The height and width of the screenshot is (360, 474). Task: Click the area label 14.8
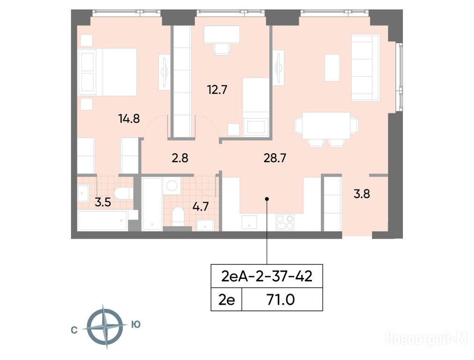pyautogui.click(x=129, y=119)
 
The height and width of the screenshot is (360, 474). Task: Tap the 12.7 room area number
pyautogui.click(x=217, y=90)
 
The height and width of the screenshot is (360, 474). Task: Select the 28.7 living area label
pyautogui.click(x=275, y=158)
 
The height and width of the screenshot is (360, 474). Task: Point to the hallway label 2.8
pyautogui.click(x=180, y=158)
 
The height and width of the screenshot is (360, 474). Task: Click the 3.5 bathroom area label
pyautogui.click(x=103, y=202)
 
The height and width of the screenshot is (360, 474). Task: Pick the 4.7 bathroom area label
pyautogui.click(x=201, y=207)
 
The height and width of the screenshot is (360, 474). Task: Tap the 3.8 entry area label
pyautogui.click(x=362, y=194)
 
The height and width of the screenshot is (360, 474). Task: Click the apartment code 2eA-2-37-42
pyautogui.click(x=267, y=277)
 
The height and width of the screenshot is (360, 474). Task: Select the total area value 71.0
pyautogui.click(x=281, y=300)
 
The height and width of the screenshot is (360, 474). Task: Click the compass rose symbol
pyautogui.click(x=105, y=327)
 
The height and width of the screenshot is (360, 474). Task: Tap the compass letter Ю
pyautogui.click(x=136, y=324)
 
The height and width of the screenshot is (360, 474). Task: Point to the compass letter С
pyautogui.click(x=74, y=330)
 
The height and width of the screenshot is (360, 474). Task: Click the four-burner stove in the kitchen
pyautogui.click(x=285, y=222)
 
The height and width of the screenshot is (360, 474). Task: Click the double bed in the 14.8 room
pyautogui.click(x=108, y=72)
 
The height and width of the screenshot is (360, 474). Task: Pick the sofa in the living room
pyautogui.click(x=365, y=68)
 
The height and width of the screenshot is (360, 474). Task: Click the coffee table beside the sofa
pyautogui.click(x=332, y=68)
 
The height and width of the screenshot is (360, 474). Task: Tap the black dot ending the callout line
pyautogui.click(x=267, y=199)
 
